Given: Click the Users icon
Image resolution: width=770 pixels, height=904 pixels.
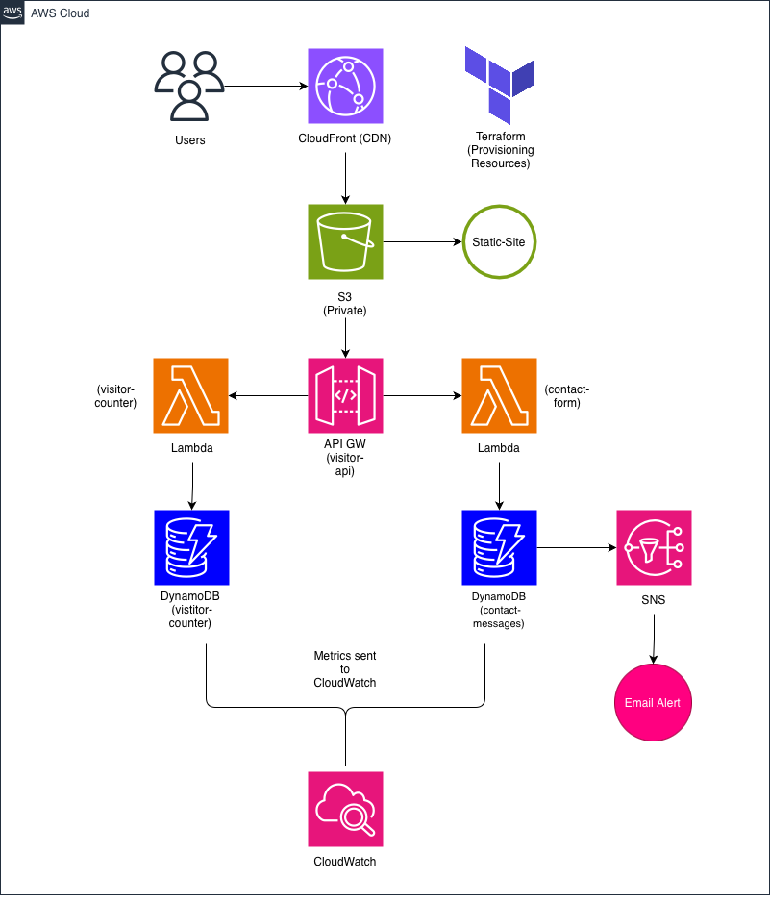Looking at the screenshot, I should point(189,87).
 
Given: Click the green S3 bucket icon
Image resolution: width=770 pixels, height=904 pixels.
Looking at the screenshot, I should point(345,241).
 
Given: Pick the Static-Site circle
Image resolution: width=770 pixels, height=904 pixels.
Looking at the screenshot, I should point(499,241).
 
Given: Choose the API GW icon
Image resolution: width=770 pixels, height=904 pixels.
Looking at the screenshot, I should point(345,395).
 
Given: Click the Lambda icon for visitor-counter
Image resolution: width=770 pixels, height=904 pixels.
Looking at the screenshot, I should point(191,395).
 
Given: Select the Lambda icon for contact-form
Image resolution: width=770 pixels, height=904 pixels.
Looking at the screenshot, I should point(499,395).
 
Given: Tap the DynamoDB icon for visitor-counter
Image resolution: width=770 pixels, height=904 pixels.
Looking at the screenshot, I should point(191,548).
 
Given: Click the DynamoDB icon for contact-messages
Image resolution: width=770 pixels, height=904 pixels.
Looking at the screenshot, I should point(499,548).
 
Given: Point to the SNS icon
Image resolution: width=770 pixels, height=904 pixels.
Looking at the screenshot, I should point(654,548).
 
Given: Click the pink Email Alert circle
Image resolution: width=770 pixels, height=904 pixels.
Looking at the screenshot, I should point(653,703).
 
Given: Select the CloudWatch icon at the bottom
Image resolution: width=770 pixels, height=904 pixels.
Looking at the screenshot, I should point(345,809).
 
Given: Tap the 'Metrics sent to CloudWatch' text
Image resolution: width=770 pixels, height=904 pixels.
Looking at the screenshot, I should point(345,668).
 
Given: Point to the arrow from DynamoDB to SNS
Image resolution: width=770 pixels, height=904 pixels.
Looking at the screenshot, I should point(576,548).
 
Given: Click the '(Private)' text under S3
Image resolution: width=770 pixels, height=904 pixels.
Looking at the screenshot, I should point(345,313).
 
